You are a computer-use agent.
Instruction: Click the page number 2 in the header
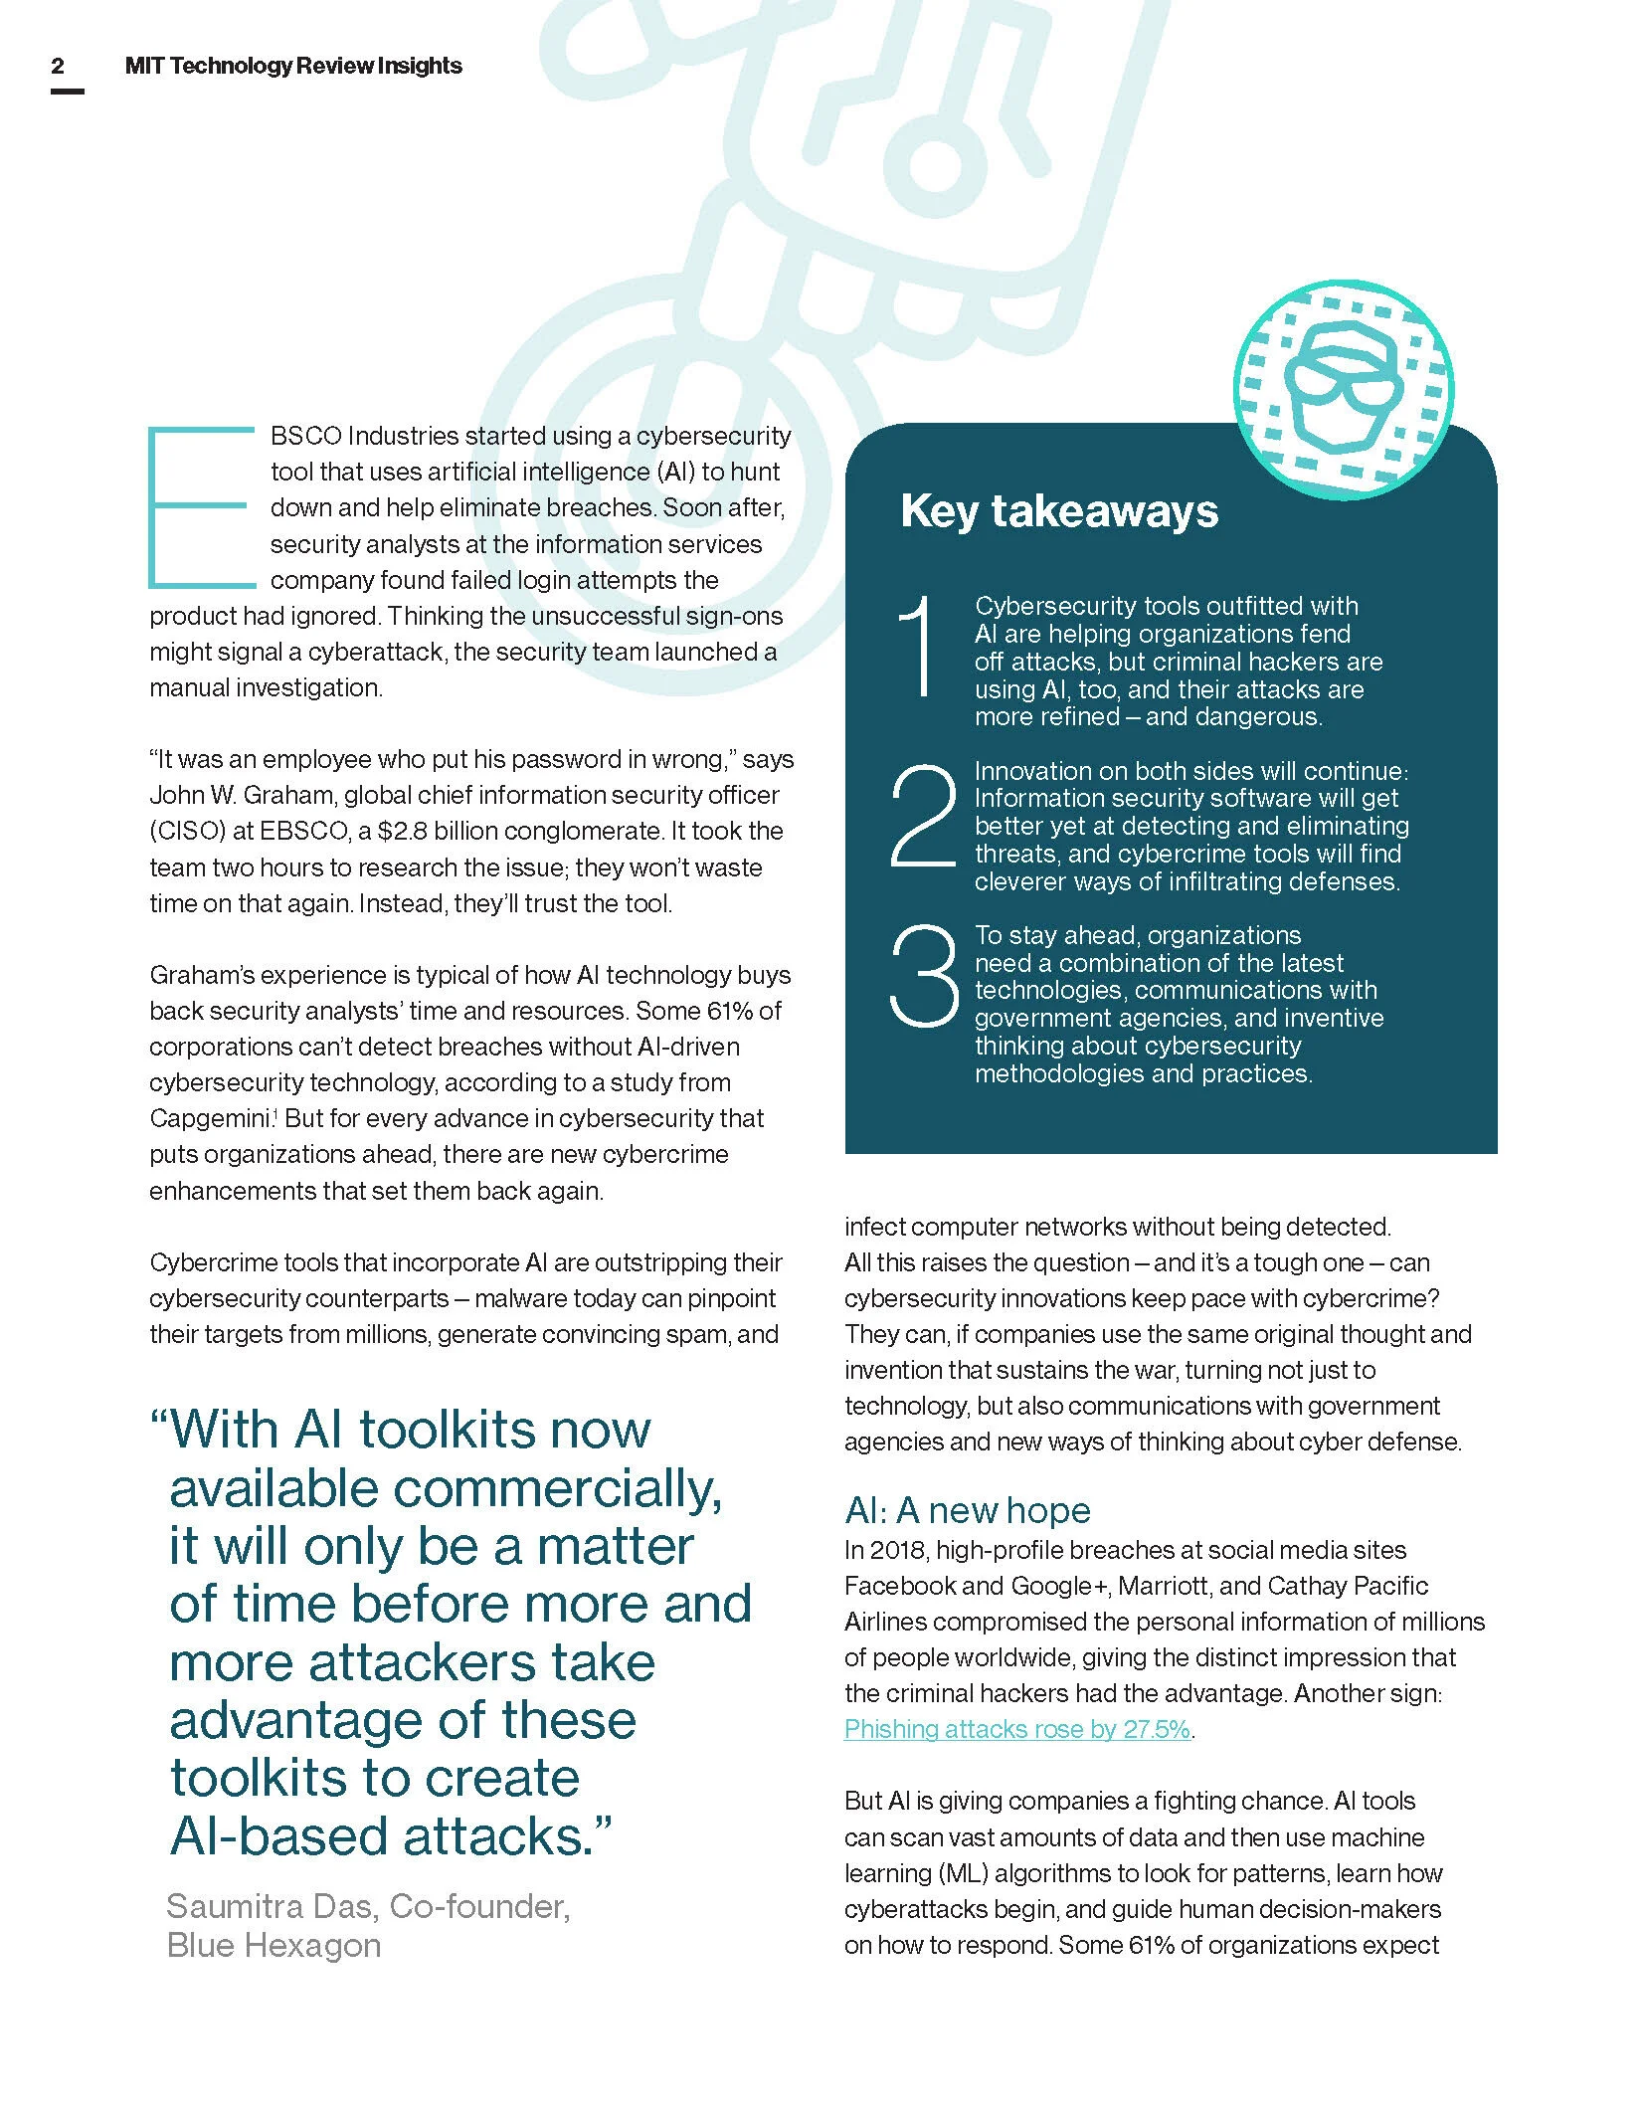point(58,67)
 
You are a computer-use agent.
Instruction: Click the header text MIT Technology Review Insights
point(293,67)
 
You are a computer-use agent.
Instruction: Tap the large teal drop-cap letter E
point(199,506)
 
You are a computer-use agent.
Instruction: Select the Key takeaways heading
point(1058,511)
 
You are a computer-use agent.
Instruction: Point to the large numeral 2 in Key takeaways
point(922,816)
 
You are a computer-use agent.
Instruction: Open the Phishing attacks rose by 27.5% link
point(1016,1729)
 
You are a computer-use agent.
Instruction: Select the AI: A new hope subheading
point(967,1510)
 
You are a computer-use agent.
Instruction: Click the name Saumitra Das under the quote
point(273,1906)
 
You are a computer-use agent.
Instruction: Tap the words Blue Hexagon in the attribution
point(274,1945)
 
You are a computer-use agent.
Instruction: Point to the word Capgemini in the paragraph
point(210,1118)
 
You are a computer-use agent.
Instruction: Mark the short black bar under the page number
point(67,92)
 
